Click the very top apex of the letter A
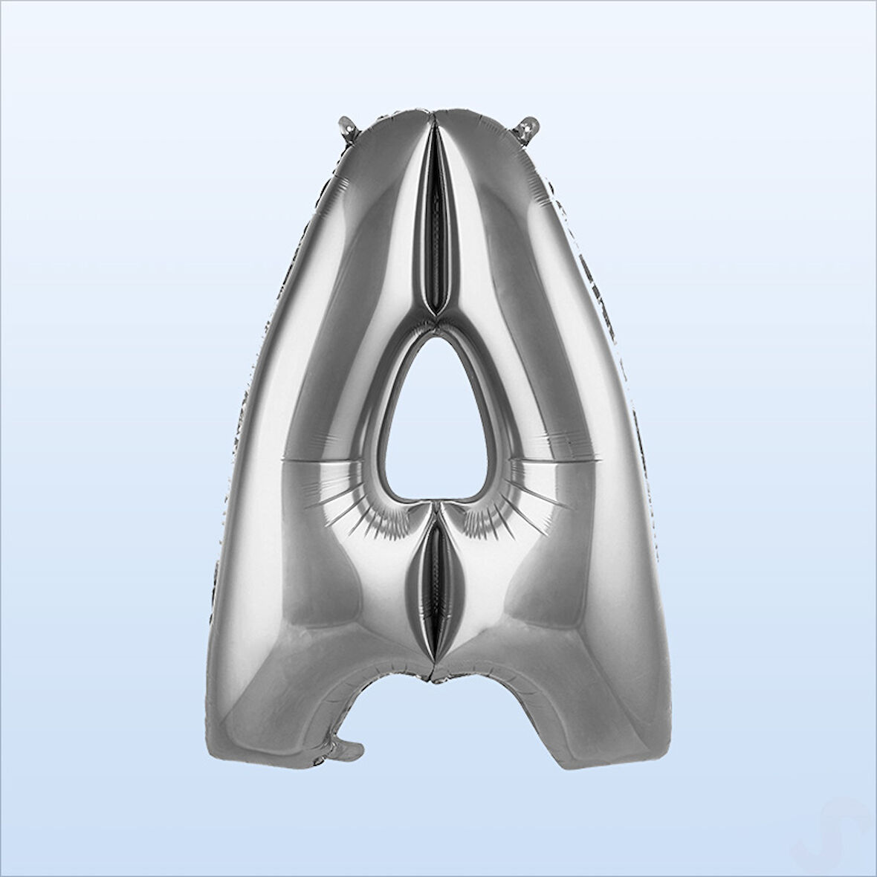tap(434, 112)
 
